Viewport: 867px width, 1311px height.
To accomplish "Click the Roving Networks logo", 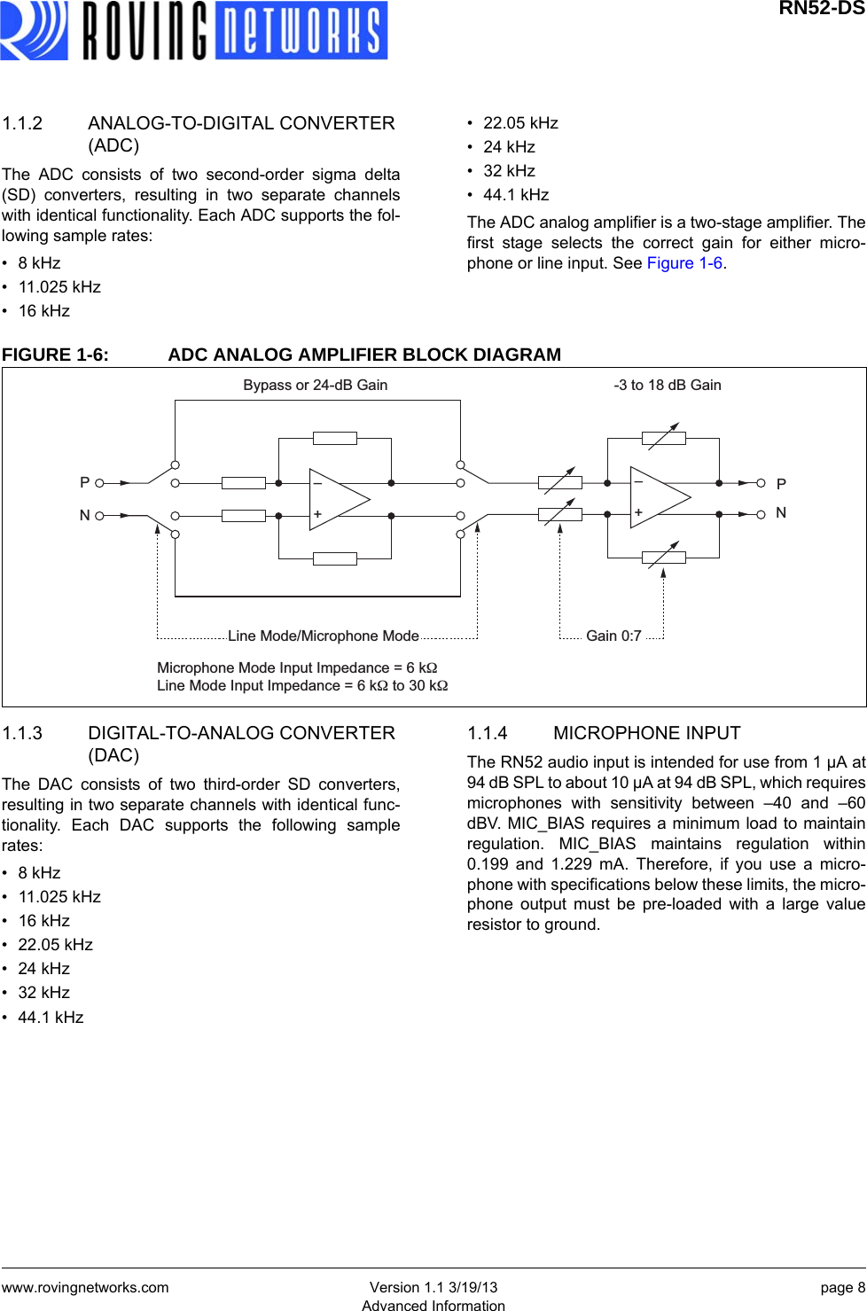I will point(193,31).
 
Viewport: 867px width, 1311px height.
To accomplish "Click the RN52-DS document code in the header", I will point(821,9).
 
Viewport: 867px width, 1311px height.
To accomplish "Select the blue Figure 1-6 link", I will point(684,263).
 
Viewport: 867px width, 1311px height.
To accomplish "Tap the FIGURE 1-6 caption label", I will point(55,355).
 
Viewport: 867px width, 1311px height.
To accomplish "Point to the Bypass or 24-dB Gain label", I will point(315,385).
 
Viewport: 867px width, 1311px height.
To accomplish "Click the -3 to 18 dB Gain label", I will point(667,385).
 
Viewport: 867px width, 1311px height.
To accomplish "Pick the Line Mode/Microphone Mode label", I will point(323,636).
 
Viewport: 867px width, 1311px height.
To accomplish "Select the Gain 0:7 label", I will point(613,636).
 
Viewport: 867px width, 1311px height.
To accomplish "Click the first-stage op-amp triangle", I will point(337,499).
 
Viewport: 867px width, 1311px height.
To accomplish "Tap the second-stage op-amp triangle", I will point(658,497).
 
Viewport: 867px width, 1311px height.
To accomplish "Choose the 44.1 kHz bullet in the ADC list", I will point(516,195).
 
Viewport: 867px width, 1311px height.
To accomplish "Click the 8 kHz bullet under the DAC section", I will point(39,873).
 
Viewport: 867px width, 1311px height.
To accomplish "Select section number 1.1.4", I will point(488,733).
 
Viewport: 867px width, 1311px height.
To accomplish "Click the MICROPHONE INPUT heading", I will point(646,733).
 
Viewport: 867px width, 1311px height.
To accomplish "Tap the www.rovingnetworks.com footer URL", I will point(85,1287).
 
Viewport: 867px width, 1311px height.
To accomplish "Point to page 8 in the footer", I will point(842,1287).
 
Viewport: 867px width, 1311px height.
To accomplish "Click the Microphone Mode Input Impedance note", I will point(297,667).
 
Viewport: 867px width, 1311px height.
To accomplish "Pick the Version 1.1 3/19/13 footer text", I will point(433,1287).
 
